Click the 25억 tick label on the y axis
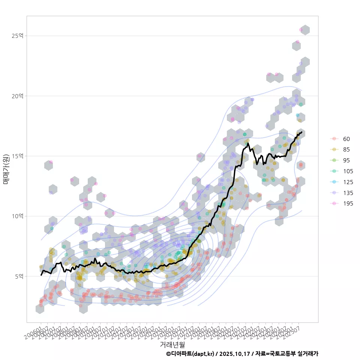click(x=17, y=36)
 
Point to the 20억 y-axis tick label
click(x=17, y=96)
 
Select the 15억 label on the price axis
click(x=17, y=156)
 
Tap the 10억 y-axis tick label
click(x=17, y=216)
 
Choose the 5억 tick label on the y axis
click(x=19, y=276)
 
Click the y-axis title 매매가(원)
click(x=6, y=169)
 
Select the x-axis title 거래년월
click(x=172, y=344)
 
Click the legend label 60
click(x=346, y=139)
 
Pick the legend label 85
click(x=346, y=150)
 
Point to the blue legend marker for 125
click(x=334, y=182)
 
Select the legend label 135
click(x=348, y=193)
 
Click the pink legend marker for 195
click(x=334, y=204)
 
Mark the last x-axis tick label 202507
click(x=293, y=331)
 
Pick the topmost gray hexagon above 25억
click(x=305, y=30)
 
